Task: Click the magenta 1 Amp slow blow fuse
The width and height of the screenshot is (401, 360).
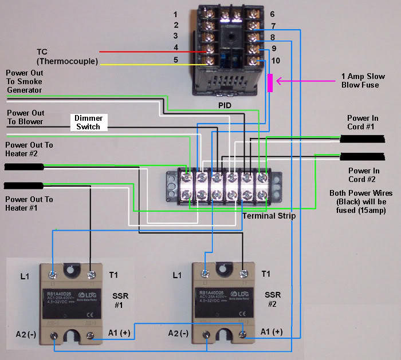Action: tap(270, 83)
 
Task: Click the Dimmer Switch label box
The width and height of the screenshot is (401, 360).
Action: tap(88, 122)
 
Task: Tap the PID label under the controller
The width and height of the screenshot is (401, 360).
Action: tap(225, 106)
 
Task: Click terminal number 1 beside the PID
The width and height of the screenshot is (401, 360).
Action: tap(175, 14)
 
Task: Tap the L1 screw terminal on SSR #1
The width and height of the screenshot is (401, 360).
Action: tap(53, 275)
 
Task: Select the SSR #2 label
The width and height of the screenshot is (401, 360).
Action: tap(273, 299)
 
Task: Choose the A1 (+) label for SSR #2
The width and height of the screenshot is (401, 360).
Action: tap(272, 332)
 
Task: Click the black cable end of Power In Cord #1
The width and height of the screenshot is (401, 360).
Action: tap(364, 139)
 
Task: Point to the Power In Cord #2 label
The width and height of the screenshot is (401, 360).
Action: tap(364, 175)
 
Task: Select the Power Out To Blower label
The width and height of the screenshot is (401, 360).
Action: tap(25, 117)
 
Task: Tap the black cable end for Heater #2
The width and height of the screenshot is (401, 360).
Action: tap(23, 167)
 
